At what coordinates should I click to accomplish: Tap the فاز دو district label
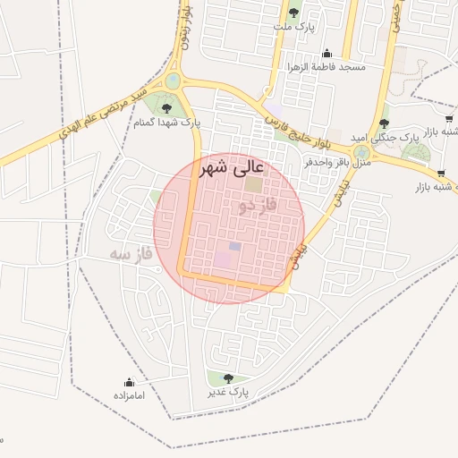click(258, 207)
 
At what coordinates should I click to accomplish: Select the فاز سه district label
click(131, 256)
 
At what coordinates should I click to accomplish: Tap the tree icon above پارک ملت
click(293, 13)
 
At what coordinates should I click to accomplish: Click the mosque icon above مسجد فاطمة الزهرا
click(327, 53)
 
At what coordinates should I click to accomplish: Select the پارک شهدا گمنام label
click(167, 123)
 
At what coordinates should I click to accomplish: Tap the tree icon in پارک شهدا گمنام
click(166, 109)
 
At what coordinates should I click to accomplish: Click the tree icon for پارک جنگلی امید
click(384, 123)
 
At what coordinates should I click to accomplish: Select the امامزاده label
click(129, 394)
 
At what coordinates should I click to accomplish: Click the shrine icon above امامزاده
click(129, 382)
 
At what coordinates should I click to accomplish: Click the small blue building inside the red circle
click(234, 246)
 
